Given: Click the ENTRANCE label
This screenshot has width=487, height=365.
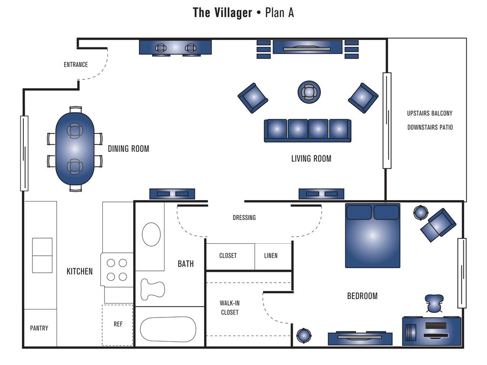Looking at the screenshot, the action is pyautogui.click(x=76, y=65).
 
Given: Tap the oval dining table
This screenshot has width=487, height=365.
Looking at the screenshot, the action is pyautogui.click(x=75, y=149).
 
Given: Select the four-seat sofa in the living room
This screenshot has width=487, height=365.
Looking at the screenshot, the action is pyautogui.click(x=308, y=131).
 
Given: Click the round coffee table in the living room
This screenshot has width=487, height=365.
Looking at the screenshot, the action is pyautogui.click(x=309, y=92).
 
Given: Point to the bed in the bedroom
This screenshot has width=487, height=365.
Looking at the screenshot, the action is pyautogui.click(x=373, y=236).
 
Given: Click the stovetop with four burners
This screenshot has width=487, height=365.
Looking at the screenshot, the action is pyautogui.click(x=117, y=270).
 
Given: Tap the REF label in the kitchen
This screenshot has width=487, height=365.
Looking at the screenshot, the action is pyautogui.click(x=118, y=324).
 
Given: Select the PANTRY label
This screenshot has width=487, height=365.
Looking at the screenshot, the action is pyautogui.click(x=39, y=328).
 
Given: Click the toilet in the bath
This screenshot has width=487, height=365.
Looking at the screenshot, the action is pyautogui.click(x=152, y=289).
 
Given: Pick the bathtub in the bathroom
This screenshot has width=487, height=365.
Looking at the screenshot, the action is pyautogui.click(x=168, y=329).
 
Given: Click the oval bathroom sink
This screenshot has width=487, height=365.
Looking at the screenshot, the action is pyautogui.click(x=151, y=234).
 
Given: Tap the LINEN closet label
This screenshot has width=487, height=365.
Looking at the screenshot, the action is pyautogui.click(x=271, y=255).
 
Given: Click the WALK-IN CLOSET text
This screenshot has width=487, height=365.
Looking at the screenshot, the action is pyautogui.click(x=230, y=307).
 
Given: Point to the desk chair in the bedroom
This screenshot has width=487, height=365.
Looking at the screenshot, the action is pyautogui.click(x=434, y=303).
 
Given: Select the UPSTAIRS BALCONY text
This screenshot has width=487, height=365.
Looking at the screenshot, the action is pyautogui.click(x=430, y=113).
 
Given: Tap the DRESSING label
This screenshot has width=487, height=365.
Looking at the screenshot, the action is pyautogui.click(x=244, y=218).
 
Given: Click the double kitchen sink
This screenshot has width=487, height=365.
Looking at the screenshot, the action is pyautogui.click(x=42, y=255).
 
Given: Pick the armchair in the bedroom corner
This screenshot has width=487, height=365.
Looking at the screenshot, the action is pyautogui.click(x=438, y=225).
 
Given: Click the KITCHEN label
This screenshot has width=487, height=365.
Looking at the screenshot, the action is pyautogui.click(x=79, y=271).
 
